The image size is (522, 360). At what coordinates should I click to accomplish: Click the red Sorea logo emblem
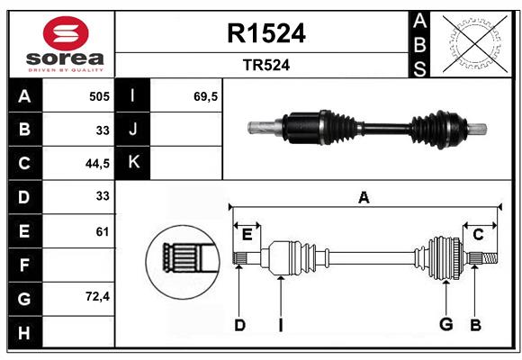tap(66, 33)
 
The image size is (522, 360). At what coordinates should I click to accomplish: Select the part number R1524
tap(266, 33)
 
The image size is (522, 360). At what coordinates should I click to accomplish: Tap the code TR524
tap(266, 65)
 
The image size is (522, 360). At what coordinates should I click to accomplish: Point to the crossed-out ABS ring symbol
tap(475, 44)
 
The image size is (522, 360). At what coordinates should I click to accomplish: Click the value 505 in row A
tap(99, 96)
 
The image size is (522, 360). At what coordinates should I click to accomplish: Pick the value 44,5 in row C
tap(97, 164)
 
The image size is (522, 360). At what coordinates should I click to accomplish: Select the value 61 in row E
tap(103, 231)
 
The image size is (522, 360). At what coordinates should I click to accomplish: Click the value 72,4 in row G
tap(97, 296)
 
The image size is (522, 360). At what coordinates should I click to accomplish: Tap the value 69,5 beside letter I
tap(205, 96)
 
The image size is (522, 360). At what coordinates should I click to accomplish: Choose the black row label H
tap(25, 332)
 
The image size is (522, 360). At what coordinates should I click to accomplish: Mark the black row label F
tap(25, 265)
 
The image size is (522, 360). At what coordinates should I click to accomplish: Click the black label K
tap(132, 163)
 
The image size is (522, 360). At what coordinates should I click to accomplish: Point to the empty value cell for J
tap(185, 130)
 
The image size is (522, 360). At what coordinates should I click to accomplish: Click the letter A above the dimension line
tap(364, 198)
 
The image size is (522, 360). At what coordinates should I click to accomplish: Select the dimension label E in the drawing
tap(247, 235)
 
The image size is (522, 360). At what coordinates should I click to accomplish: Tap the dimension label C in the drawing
tap(478, 235)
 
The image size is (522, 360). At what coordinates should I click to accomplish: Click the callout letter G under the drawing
tap(445, 324)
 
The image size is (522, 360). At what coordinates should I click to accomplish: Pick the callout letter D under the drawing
tap(239, 325)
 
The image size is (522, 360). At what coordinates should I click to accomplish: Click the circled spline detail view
tap(183, 262)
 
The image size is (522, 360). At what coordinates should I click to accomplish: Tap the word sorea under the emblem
tap(65, 58)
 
